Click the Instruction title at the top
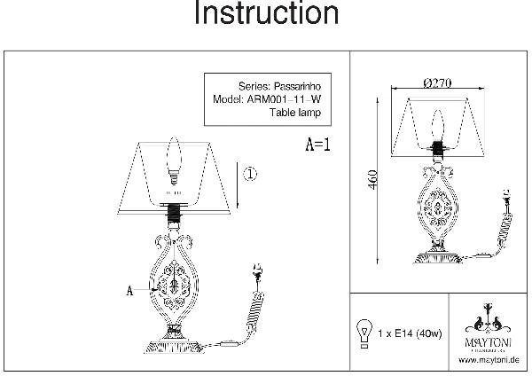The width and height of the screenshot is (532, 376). tap(265, 15)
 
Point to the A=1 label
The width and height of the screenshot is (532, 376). tap(317, 145)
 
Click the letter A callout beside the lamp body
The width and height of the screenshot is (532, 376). tap(132, 289)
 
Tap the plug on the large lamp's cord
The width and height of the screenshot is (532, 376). tap(259, 271)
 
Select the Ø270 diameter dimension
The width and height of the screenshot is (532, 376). tap(438, 82)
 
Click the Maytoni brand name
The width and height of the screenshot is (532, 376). tap(485, 341)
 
